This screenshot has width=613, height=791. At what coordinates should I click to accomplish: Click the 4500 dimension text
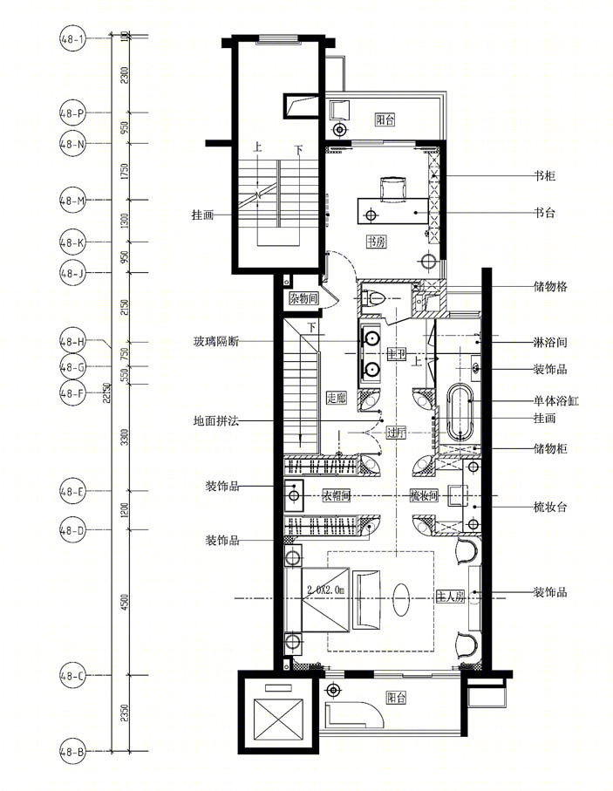pos(125,602)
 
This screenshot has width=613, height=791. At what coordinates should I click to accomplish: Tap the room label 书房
pos(376,242)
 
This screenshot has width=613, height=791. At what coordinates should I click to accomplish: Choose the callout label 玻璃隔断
pos(218,341)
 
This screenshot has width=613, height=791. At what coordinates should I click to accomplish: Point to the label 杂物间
pos(303,299)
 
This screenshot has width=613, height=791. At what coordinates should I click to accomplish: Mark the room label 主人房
pos(449,597)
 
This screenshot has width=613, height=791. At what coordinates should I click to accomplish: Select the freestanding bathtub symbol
pos(460,413)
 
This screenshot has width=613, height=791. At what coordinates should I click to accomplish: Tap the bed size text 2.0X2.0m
pos(325,590)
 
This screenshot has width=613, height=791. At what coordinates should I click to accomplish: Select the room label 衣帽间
pos(338,495)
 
